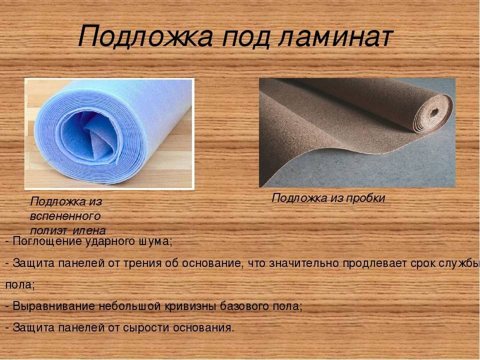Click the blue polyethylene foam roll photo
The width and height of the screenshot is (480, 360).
coord(109,133)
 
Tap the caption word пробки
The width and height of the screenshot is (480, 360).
coord(367,198)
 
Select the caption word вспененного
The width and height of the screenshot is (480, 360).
coord(65,216)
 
